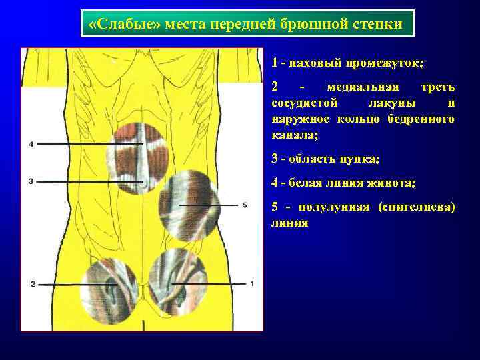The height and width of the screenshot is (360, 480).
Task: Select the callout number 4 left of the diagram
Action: pyautogui.click(x=31, y=144)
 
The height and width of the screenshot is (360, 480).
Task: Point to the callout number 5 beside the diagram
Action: pyautogui.click(x=245, y=205)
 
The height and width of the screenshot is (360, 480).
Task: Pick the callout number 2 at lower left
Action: pyautogui.click(x=33, y=284)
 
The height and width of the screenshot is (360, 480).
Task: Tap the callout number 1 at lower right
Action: pyautogui.click(x=252, y=284)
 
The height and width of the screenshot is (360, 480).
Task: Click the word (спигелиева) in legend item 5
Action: pyautogui.click(x=417, y=207)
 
